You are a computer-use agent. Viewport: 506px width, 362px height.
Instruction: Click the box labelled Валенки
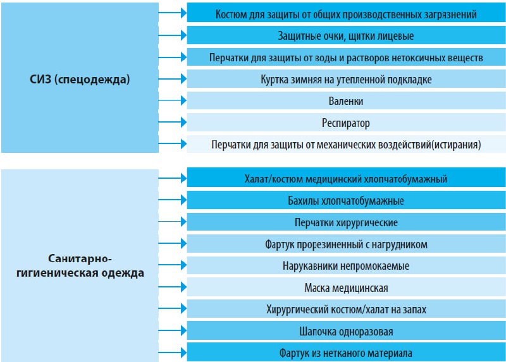[346, 100]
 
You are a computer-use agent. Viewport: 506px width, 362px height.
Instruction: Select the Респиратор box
[346, 123]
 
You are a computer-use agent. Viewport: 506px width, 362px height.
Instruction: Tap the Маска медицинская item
[346, 287]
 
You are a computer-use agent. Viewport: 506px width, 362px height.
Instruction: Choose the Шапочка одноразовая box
[346, 331]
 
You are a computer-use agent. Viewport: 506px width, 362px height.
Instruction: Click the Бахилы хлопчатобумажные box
[346, 200]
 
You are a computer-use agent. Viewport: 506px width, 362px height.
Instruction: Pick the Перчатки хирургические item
[346, 222]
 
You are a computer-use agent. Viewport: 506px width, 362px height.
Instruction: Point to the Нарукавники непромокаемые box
[346, 265]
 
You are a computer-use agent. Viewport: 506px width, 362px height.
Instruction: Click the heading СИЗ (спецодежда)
[80, 79]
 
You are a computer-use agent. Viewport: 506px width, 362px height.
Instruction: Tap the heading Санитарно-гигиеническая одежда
[80, 265]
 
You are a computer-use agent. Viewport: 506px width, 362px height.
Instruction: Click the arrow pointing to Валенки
[173, 100]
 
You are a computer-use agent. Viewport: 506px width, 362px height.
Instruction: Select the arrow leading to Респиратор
[173, 122]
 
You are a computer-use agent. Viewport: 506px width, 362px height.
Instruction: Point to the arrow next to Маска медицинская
[173, 287]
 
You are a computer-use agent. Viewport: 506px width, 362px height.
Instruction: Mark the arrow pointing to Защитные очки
[173, 35]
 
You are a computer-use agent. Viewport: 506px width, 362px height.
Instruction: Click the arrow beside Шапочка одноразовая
[173, 330]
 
